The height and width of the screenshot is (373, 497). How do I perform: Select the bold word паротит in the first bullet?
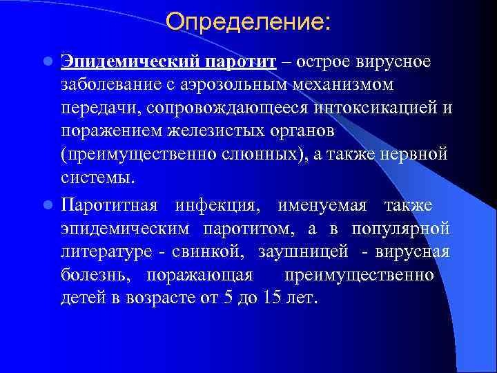point(240,61)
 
